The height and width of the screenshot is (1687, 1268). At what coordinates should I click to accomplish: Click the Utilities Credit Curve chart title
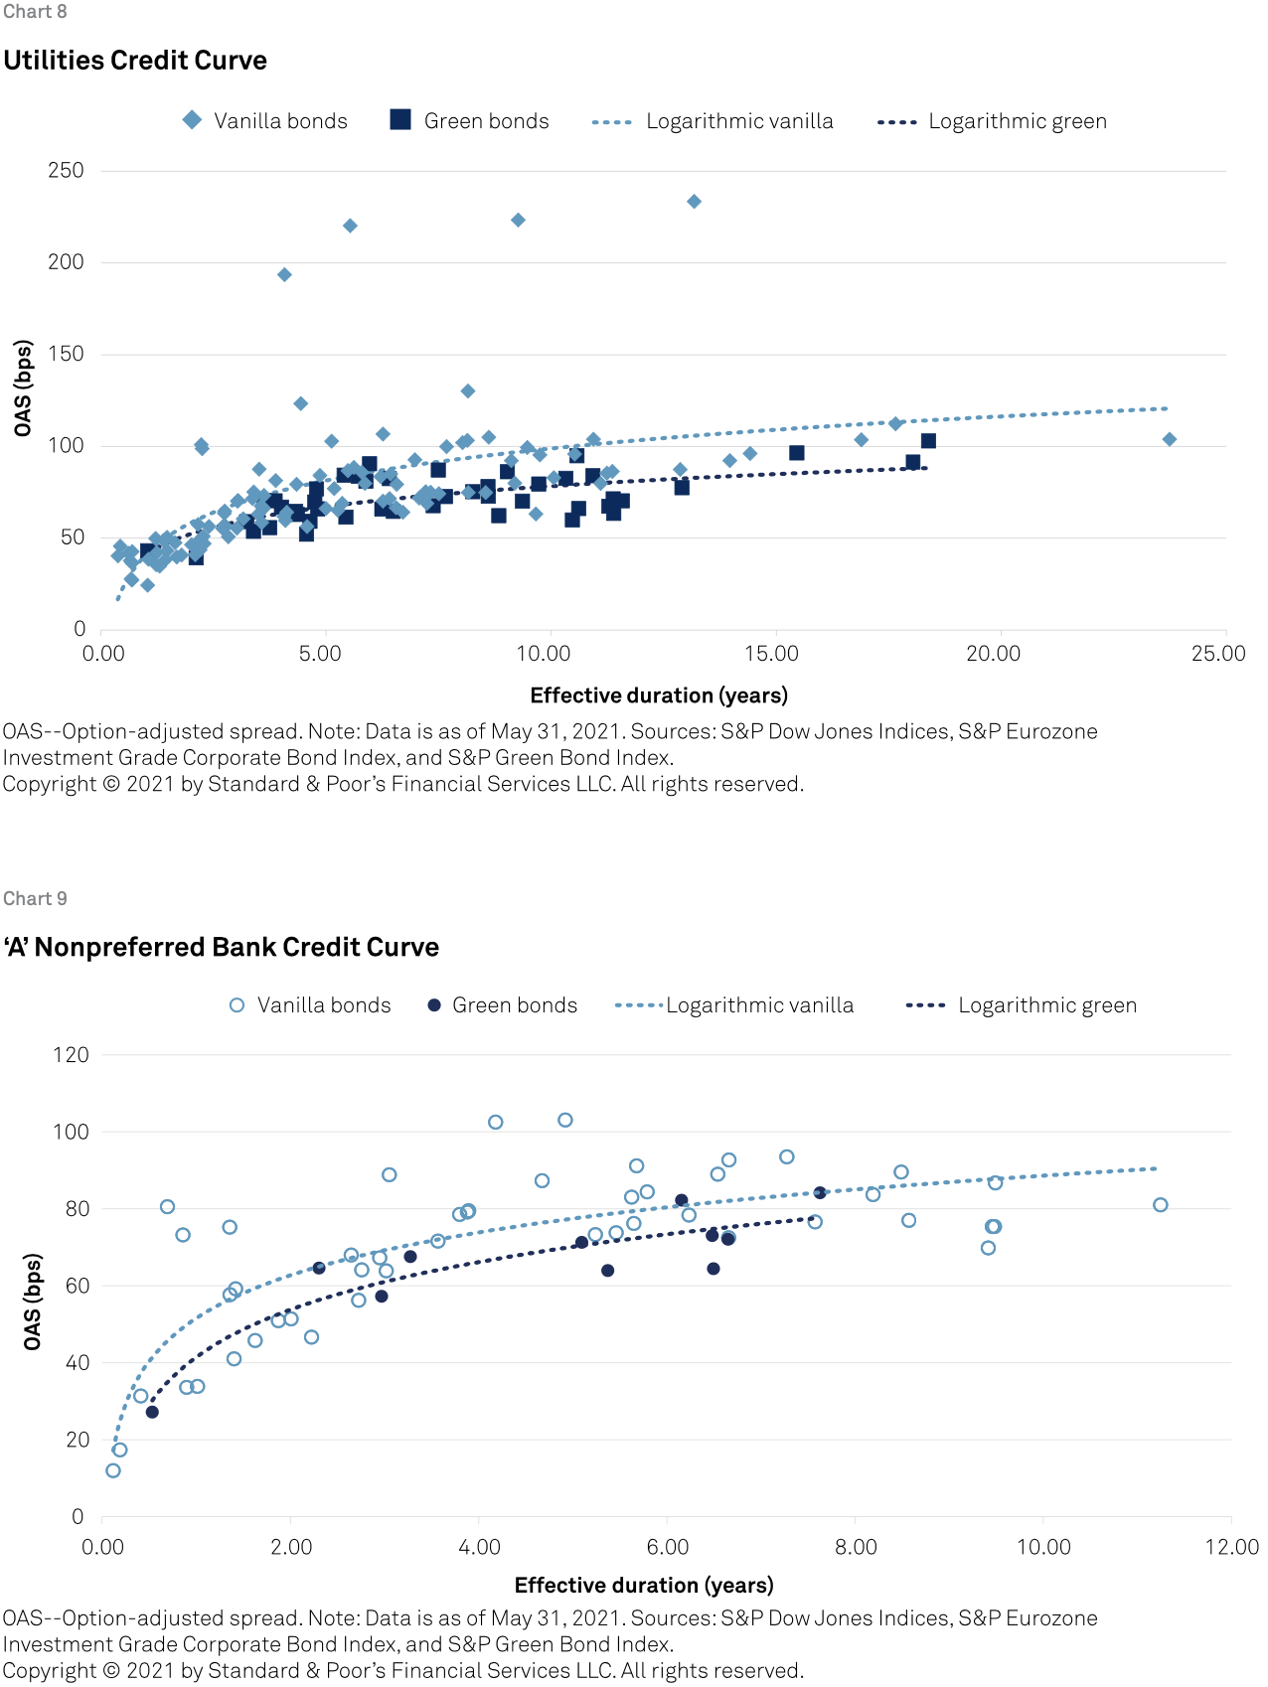pyautogui.click(x=135, y=61)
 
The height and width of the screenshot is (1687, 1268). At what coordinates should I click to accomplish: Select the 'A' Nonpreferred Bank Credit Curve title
pyautogui.click(x=221, y=947)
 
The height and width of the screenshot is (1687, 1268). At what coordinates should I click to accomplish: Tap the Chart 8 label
pyautogui.click(x=35, y=12)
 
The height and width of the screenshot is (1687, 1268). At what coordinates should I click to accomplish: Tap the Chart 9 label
pyautogui.click(x=35, y=899)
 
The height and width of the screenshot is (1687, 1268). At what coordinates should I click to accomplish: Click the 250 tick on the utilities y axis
pyautogui.click(x=67, y=171)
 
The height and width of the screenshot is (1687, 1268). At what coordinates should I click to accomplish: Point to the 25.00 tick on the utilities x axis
pyautogui.click(x=1219, y=654)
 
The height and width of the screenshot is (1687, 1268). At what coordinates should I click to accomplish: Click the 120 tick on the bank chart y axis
pyautogui.click(x=71, y=1055)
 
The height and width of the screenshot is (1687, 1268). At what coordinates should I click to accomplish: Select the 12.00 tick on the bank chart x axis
pyautogui.click(x=1231, y=1547)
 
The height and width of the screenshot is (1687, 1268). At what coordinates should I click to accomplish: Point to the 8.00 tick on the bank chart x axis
pyautogui.click(x=856, y=1547)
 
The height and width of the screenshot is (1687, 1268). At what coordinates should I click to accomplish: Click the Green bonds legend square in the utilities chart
pyautogui.click(x=400, y=120)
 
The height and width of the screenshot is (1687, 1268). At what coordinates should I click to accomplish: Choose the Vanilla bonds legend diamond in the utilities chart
pyautogui.click(x=193, y=120)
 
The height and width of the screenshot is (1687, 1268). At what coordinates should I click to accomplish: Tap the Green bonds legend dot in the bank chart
pyautogui.click(x=434, y=1005)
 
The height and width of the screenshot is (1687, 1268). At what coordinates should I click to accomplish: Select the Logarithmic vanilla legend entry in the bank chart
pyautogui.click(x=734, y=1005)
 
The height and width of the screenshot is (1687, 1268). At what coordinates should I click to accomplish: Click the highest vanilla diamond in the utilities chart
pyautogui.click(x=695, y=202)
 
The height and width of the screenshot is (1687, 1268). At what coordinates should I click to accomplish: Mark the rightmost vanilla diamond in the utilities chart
pyautogui.click(x=1170, y=439)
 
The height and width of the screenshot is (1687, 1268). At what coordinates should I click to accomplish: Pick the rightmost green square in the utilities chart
pyautogui.click(x=928, y=441)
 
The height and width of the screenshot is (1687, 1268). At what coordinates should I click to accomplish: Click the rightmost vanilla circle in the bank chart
pyautogui.click(x=1161, y=1205)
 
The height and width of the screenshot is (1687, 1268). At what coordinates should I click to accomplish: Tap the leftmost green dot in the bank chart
pyautogui.click(x=152, y=1412)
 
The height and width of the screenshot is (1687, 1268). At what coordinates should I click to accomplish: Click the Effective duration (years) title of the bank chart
pyautogui.click(x=644, y=1585)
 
